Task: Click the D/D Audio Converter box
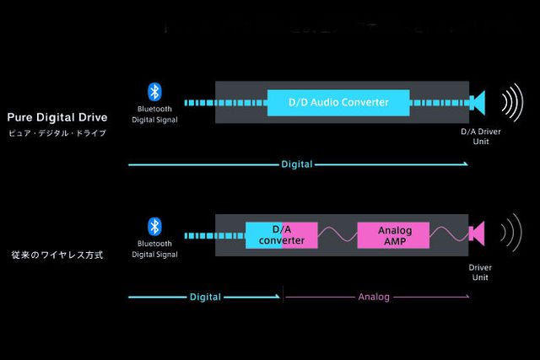pyautogui.click(x=337, y=102)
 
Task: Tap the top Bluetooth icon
pyautogui.click(x=154, y=92)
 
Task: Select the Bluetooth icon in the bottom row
pyautogui.click(x=154, y=226)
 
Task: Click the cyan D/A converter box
pyautogui.click(x=281, y=234)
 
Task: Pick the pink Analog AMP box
pyautogui.click(x=392, y=234)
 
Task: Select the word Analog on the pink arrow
pyautogui.click(x=374, y=297)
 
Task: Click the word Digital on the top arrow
pyautogui.click(x=297, y=164)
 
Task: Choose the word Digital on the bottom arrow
pyautogui.click(x=205, y=297)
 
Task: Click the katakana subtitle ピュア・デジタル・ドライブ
pyautogui.click(x=56, y=134)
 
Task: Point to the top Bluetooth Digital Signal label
pyautogui.click(x=155, y=115)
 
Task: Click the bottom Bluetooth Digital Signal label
pyautogui.click(x=155, y=249)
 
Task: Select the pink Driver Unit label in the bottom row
pyautogui.click(x=479, y=272)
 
